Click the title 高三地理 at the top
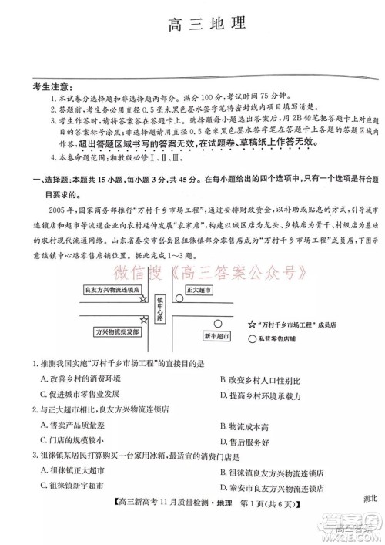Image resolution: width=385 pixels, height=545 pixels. point(206,24)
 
